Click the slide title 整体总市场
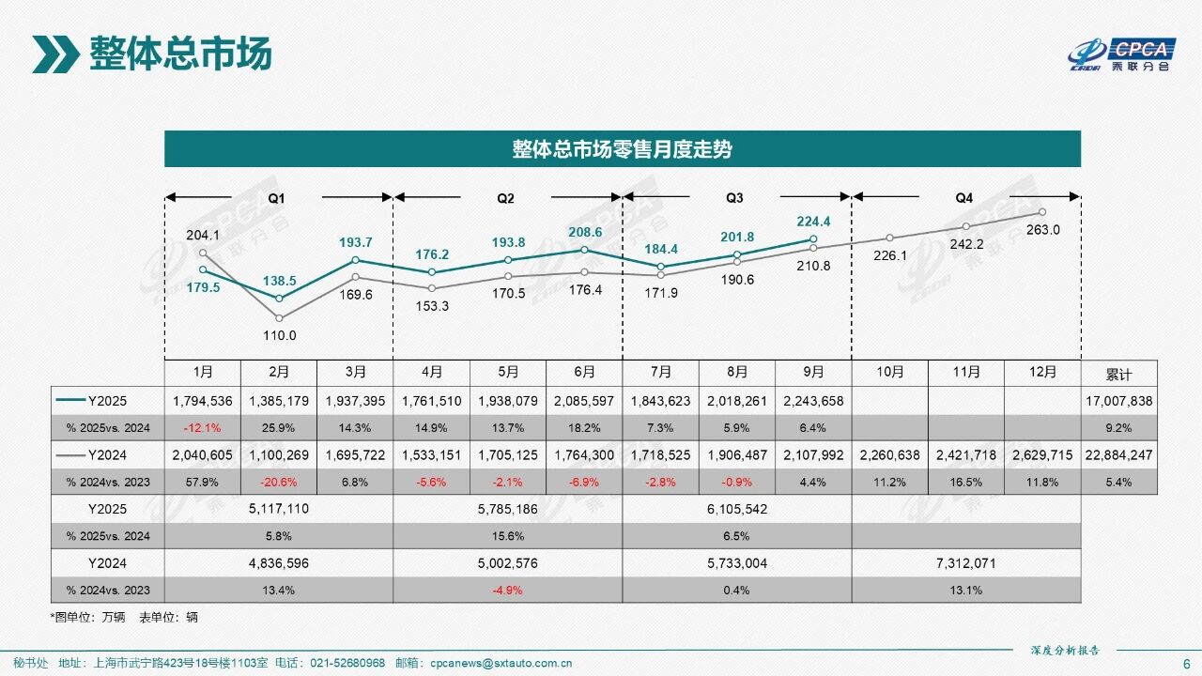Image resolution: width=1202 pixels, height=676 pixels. click(x=180, y=54)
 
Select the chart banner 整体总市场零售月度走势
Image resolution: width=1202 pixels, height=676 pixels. click(x=622, y=149)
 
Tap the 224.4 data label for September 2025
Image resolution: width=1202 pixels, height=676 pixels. click(x=814, y=223)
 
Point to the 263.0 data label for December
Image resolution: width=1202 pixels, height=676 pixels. click(x=1043, y=230)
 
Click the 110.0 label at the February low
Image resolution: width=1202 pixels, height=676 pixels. click(x=279, y=335)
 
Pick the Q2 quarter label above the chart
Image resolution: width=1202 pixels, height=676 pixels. click(x=505, y=198)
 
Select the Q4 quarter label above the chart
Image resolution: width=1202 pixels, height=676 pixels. click(x=964, y=198)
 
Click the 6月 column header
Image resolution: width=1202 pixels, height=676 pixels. click(x=584, y=373)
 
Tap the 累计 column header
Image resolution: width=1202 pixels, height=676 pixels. click(x=1118, y=374)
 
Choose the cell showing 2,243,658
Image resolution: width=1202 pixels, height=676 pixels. click(x=814, y=401)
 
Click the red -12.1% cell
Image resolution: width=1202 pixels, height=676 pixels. click(x=203, y=428)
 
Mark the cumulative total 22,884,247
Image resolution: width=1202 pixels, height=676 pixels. click(x=1118, y=455)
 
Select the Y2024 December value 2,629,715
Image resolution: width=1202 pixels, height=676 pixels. click(x=1042, y=455)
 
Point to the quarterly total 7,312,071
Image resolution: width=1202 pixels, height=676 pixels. click(x=965, y=563)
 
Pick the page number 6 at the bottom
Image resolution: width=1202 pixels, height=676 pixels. click(x=1186, y=663)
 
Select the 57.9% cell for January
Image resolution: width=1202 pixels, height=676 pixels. click(x=203, y=483)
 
